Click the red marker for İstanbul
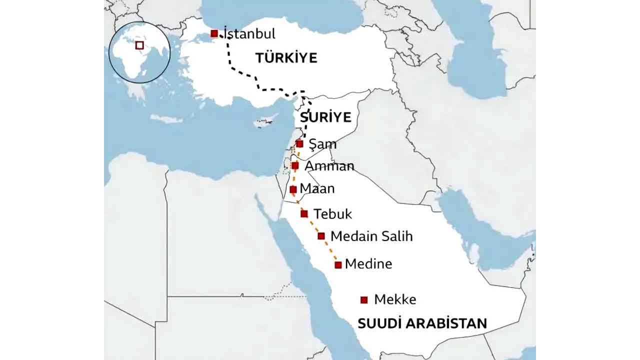pyautogui.click(x=214, y=33)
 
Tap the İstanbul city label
pyautogui.click(x=249, y=34)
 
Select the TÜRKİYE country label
pyautogui.click(x=286, y=58)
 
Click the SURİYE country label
pyautogui.click(x=325, y=118)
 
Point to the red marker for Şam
pyautogui.click(x=299, y=143)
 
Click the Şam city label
pyautogui.click(x=322, y=144)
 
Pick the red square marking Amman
pyautogui.click(x=295, y=165)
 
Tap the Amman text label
pyautogui.click(x=329, y=166)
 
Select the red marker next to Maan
pyautogui.click(x=293, y=189)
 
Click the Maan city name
pyautogui.click(x=317, y=189)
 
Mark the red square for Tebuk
pyautogui.click(x=304, y=213)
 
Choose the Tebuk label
pyautogui.click(x=332, y=214)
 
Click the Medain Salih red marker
pyautogui.click(x=321, y=235)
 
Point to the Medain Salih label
pyautogui.click(x=371, y=236)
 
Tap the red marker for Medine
pyautogui.click(x=338, y=264)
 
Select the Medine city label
pyautogui.click(x=368, y=263)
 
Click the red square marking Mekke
pyautogui.click(x=364, y=300)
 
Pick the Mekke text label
pyautogui.click(x=395, y=299)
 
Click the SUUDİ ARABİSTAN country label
pyautogui.click(x=422, y=323)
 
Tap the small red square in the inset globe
pyautogui.click(x=139, y=45)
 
